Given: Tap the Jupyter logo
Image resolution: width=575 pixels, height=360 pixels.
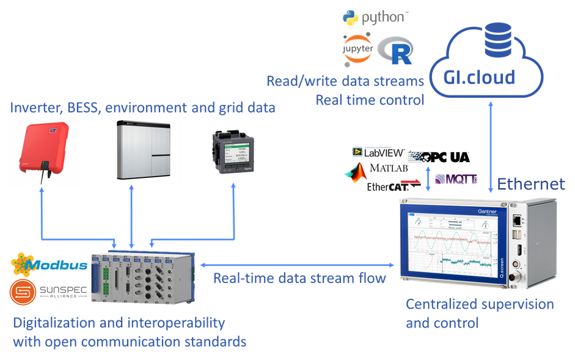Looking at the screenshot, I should [357, 50].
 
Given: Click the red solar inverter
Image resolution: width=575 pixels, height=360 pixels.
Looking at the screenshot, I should [42, 153].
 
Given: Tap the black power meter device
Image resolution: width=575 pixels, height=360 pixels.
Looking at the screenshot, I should [233, 153].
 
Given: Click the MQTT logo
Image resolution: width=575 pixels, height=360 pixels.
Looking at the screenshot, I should [456, 180].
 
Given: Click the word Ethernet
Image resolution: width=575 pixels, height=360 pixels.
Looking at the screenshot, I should [531, 184].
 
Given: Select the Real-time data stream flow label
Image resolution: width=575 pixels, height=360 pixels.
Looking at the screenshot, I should [299, 279].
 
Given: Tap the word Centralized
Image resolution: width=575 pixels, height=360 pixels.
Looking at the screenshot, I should [444, 304].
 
